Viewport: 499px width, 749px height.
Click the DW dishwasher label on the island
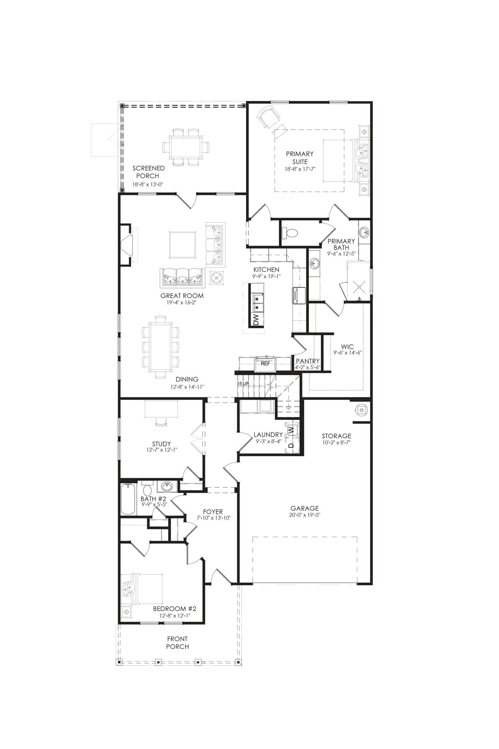pyautogui.click(x=256, y=320)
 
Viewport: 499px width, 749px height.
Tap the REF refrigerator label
pyautogui.click(x=265, y=364)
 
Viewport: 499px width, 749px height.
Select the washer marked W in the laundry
pyautogui.click(x=292, y=430)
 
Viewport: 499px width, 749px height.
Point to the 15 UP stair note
pyautogui.click(x=243, y=384)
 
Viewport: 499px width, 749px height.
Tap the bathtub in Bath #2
pyautogui.click(x=128, y=500)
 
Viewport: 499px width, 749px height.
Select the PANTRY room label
pyautogui.click(x=307, y=361)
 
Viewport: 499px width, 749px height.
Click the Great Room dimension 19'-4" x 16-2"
pyautogui.click(x=182, y=302)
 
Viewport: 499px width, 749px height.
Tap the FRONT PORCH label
pyautogui.click(x=177, y=643)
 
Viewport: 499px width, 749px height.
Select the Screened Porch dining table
pyautogui.click(x=186, y=147)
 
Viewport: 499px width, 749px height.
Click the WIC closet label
pyautogui.click(x=347, y=346)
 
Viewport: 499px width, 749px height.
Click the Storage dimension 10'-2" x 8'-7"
pyautogui.click(x=336, y=442)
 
